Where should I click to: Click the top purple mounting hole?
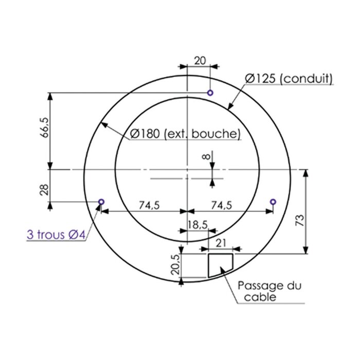210,93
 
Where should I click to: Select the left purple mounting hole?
101,201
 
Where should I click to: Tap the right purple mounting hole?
273,201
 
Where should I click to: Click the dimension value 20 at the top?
200,60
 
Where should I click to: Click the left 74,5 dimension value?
149,205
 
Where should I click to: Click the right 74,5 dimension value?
222,205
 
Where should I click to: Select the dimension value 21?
221,243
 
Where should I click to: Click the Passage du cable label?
269,291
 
